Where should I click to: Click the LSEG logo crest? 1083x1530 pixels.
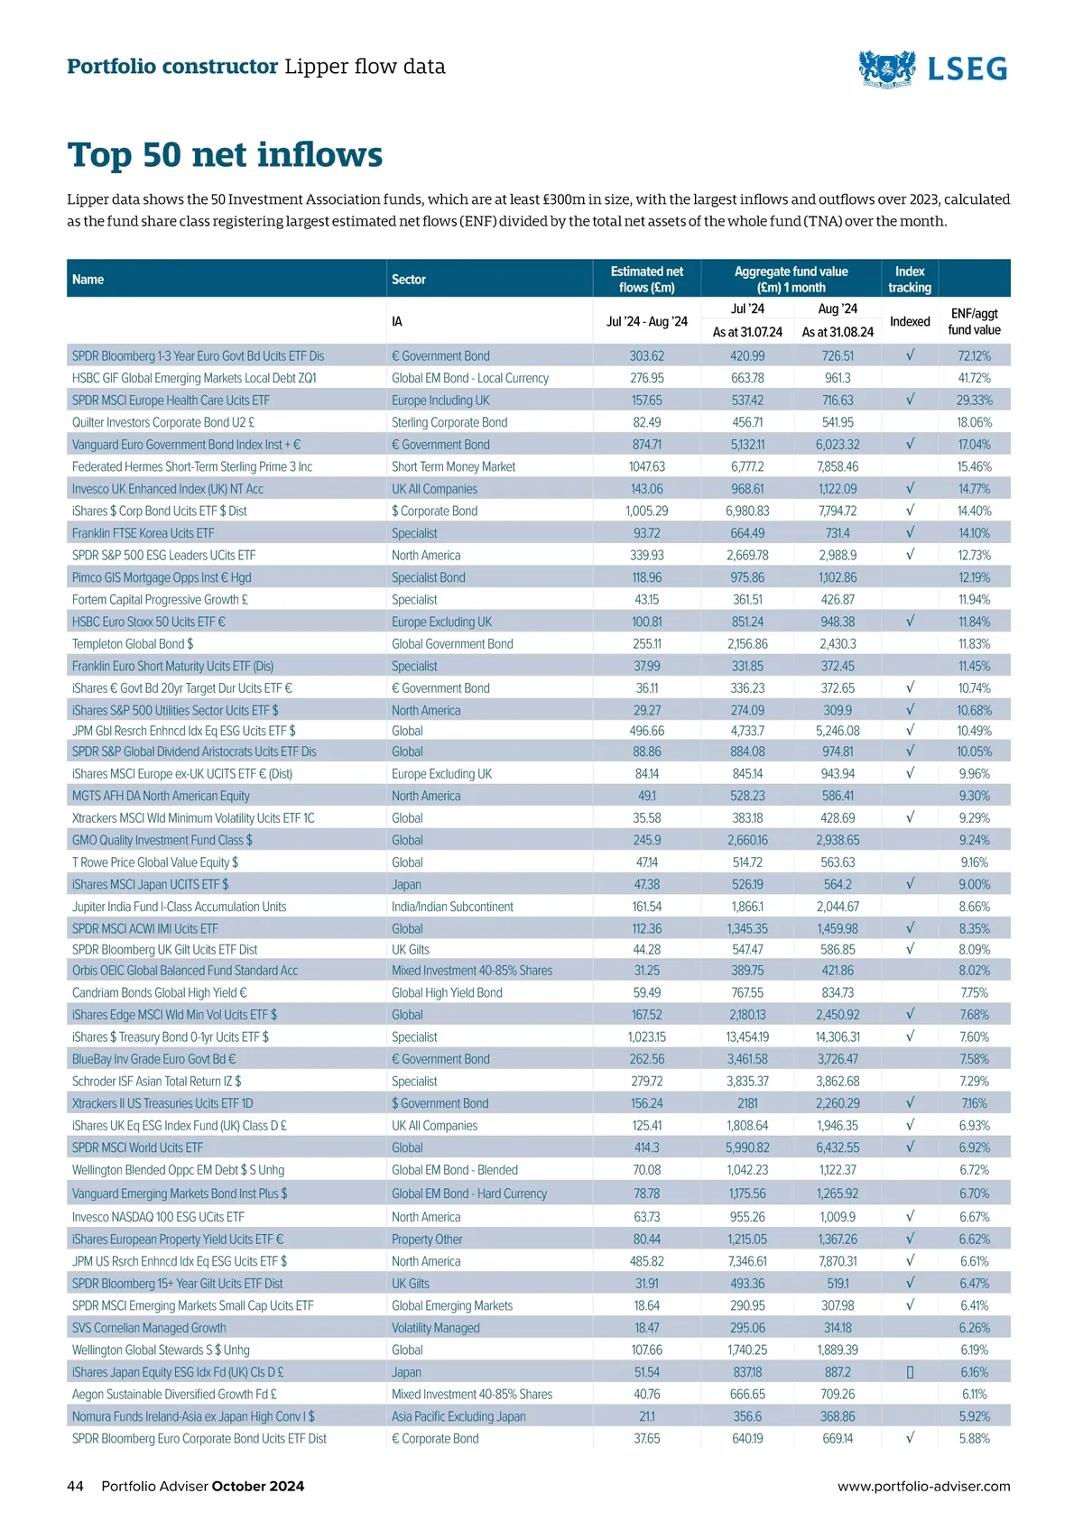(x=886, y=68)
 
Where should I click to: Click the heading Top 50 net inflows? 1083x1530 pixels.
(x=225, y=155)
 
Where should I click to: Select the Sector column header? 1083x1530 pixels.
(x=409, y=280)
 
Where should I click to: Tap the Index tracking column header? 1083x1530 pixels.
(x=909, y=279)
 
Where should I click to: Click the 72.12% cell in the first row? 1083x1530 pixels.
(x=974, y=356)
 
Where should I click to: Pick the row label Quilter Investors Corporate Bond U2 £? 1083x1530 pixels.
(x=163, y=422)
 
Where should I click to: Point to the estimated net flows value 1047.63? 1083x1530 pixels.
(x=646, y=466)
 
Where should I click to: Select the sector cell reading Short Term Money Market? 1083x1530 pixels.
(x=453, y=466)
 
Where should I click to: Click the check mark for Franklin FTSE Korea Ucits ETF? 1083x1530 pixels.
(x=910, y=532)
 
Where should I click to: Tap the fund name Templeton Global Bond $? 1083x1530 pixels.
(x=133, y=644)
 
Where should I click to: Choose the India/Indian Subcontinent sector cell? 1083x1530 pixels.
(x=452, y=907)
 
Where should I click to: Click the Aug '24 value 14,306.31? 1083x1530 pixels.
(x=838, y=1037)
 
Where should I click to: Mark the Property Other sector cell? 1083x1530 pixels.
(x=427, y=1240)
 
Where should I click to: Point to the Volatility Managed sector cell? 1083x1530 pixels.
(x=435, y=1328)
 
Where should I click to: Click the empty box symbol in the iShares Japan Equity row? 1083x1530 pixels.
(x=910, y=1372)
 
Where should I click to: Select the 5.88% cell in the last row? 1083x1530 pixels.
(x=974, y=1439)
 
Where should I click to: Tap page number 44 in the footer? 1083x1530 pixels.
(x=75, y=1486)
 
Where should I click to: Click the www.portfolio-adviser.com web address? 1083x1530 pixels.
(x=923, y=1486)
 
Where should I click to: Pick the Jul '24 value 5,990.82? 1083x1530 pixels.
(x=747, y=1147)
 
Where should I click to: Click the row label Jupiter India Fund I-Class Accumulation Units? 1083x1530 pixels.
(x=179, y=907)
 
